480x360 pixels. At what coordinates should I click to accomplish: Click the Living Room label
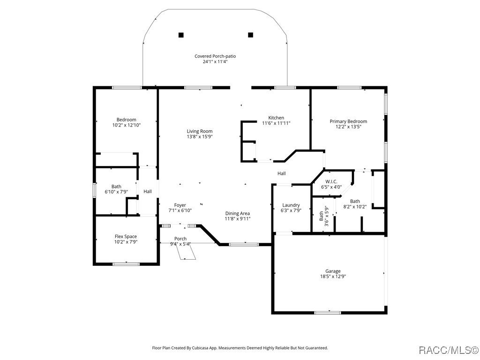click(x=200, y=131)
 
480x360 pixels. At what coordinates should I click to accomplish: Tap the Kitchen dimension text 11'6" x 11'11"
click(x=276, y=123)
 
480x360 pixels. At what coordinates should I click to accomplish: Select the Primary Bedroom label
click(x=348, y=121)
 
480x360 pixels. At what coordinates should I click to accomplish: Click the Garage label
click(x=333, y=271)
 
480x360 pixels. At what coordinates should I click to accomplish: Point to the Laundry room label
click(x=291, y=205)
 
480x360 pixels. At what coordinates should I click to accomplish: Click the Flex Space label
click(x=126, y=236)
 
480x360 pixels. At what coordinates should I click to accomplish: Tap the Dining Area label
click(x=237, y=213)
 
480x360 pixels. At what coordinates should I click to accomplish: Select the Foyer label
click(x=180, y=205)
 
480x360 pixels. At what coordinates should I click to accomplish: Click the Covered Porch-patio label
click(x=215, y=56)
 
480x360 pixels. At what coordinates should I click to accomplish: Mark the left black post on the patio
click(x=181, y=34)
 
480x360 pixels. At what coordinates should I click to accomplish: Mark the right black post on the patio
click(x=250, y=34)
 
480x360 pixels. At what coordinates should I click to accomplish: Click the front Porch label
click(x=180, y=239)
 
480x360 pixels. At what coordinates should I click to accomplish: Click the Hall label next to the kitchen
click(x=281, y=173)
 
